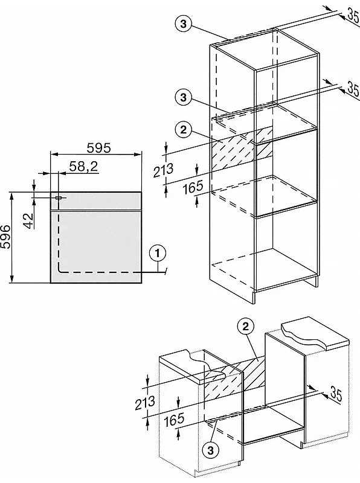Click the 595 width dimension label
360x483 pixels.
[98, 148]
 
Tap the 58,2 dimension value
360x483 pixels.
[83, 167]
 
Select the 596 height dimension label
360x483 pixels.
[6, 236]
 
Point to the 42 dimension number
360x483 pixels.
[28, 220]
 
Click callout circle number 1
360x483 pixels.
[158, 254]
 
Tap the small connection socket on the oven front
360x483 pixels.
[58, 198]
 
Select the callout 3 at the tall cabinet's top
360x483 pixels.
[184, 24]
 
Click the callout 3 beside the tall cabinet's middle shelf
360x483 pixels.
[184, 98]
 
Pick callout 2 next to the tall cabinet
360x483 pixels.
[184, 130]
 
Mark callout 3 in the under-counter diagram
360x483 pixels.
[211, 450]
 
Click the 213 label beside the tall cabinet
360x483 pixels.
[163, 170]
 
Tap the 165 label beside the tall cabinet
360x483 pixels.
[193, 187]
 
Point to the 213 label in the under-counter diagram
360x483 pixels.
[145, 403]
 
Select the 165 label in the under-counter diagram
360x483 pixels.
[174, 420]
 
